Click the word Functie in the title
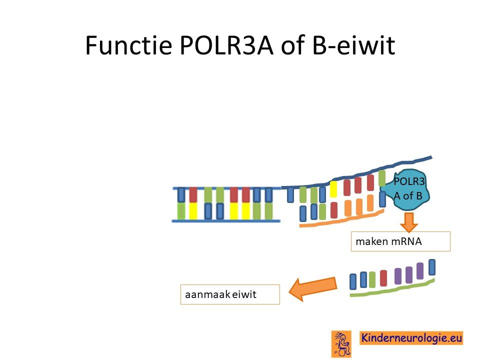(x=128, y=45)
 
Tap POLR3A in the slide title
(x=226, y=45)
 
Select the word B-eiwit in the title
(x=353, y=45)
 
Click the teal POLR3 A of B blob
(x=405, y=189)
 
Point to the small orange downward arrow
(x=408, y=222)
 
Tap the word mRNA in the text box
(x=405, y=241)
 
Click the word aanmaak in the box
(x=208, y=294)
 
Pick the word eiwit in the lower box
(x=244, y=294)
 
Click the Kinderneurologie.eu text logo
(x=411, y=338)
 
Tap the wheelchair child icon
(x=341, y=344)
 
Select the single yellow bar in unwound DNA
(x=333, y=189)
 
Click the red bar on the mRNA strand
(x=383, y=278)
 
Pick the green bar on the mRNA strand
(x=372, y=280)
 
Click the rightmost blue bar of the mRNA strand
(x=432, y=267)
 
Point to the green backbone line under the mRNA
(x=392, y=288)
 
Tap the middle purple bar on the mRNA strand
(x=409, y=275)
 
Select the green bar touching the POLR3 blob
(x=382, y=178)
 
